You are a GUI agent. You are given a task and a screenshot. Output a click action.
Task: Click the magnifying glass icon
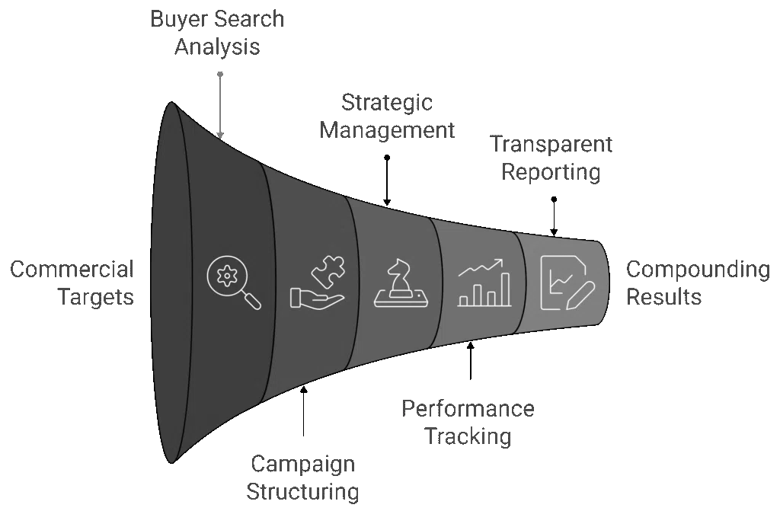point(233,281)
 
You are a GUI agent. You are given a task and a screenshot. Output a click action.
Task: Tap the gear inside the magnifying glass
point(227,275)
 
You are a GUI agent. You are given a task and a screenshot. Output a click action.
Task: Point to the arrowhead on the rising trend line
point(500,263)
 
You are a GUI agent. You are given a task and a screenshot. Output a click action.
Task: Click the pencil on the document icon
point(580,295)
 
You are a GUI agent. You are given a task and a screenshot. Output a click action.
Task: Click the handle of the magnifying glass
point(252,301)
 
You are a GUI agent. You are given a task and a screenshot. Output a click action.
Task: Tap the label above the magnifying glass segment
point(216,31)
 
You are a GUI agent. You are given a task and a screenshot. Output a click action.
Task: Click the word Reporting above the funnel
point(551,173)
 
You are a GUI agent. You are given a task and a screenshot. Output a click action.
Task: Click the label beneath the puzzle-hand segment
point(302,477)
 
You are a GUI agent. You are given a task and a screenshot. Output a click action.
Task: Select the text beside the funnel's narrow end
point(698,281)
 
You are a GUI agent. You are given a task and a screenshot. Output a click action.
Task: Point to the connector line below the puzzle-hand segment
point(302,415)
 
